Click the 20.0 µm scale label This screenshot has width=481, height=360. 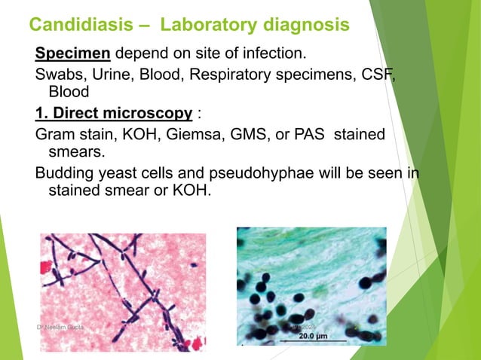pyautogui.click(x=312, y=336)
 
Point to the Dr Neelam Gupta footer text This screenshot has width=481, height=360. pyautogui.click(x=63, y=329)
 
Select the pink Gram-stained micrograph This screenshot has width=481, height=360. pyautogui.click(x=122, y=290)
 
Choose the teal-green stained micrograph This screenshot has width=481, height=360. pyautogui.click(x=311, y=284)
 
